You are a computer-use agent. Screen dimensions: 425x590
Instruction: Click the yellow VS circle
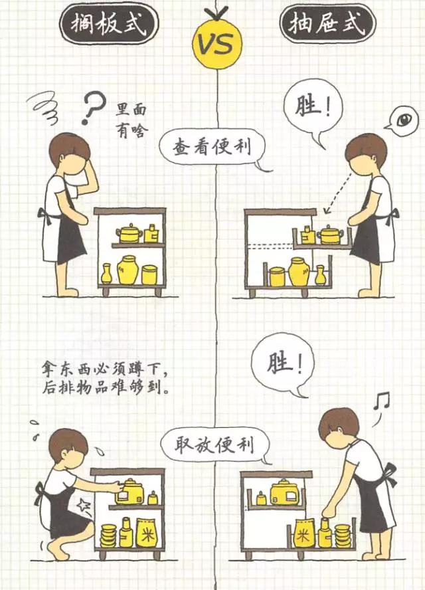click(217, 45)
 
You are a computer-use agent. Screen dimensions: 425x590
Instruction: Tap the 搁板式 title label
click(109, 24)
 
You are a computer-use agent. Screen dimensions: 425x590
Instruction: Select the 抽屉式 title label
click(327, 23)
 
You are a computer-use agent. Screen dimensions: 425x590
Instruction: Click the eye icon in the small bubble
click(403, 119)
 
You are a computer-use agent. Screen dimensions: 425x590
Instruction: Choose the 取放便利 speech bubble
click(215, 446)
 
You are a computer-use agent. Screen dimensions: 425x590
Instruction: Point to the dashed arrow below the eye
click(338, 193)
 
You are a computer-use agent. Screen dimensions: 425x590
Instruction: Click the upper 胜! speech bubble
click(313, 110)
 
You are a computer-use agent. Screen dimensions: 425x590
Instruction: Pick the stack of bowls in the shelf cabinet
click(108, 536)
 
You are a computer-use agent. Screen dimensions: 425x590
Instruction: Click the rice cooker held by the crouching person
click(130, 492)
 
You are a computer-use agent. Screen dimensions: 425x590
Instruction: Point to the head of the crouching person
click(68, 444)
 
